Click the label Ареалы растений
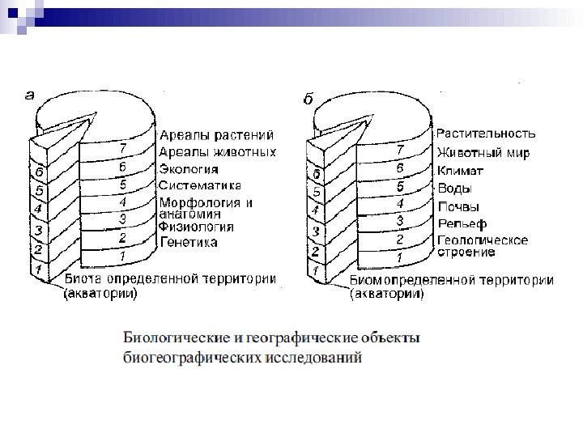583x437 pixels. tap(215, 135)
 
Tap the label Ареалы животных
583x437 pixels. tap(217, 152)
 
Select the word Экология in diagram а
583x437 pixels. tap(189, 169)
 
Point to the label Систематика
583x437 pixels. tap(200, 185)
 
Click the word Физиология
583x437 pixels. tap(197, 227)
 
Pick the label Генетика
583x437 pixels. tap(188, 241)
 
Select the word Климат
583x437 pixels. tap(460, 170)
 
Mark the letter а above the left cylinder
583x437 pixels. tap(30, 95)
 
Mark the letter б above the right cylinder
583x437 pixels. tap(309, 99)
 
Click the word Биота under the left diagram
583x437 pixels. tap(82, 280)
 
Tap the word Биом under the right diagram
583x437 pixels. tap(368, 281)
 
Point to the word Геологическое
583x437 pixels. tap(483, 240)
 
